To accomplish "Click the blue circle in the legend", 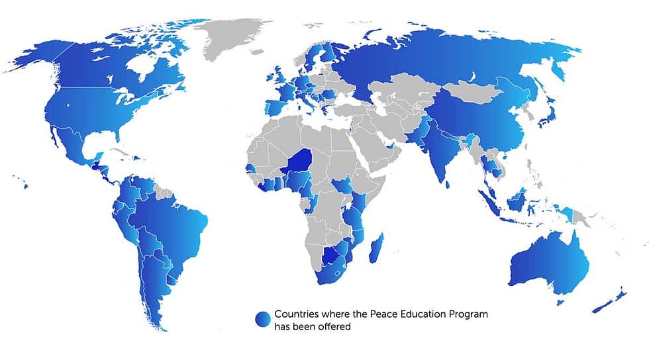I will coord(263,319).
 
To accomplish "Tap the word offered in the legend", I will coord(334,326).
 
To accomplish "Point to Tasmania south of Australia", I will coord(561,302).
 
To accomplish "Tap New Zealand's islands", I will coord(613,300).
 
